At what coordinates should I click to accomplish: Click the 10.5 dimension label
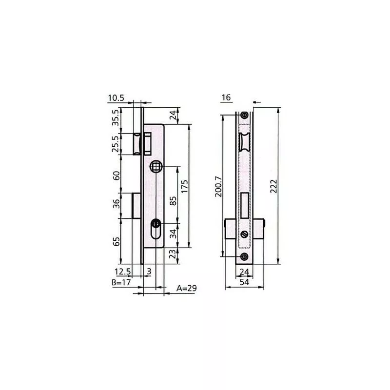116,98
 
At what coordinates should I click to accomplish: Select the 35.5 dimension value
116,117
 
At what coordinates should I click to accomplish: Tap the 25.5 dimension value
116,144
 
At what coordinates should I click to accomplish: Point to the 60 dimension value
116,175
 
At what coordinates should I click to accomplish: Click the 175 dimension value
185,186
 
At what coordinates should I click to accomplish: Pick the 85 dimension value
173,201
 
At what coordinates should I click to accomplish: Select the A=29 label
187,288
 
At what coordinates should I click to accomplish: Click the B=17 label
121,282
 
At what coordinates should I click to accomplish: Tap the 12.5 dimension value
123,272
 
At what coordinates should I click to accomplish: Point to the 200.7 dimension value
218,187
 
